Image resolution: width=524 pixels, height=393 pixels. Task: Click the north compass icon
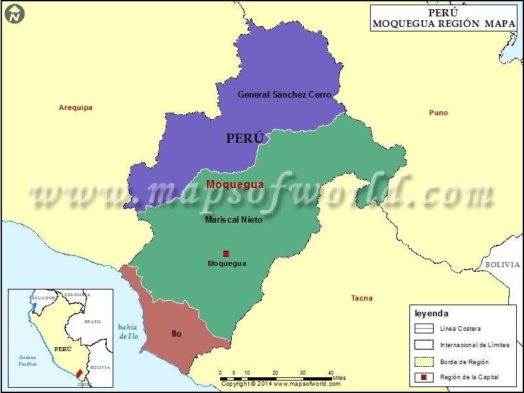(15, 14)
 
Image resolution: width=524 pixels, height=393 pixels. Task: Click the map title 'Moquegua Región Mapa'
(443, 24)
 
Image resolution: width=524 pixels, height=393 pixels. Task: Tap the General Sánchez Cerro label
(284, 94)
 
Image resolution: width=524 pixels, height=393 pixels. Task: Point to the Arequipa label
(75, 107)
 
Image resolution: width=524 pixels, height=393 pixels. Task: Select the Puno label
(438, 113)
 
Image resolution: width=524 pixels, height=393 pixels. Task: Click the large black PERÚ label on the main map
(244, 138)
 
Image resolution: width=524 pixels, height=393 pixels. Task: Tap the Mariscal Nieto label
(233, 219)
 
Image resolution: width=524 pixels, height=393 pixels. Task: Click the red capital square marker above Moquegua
(227, 253)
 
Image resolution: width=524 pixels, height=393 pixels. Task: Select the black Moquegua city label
(227, 263)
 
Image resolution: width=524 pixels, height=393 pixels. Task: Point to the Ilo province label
(176, 333)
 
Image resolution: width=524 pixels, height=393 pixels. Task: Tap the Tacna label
(362, 298)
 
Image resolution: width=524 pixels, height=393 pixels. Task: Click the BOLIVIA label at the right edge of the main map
(502, 265)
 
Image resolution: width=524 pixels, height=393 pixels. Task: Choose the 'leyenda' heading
(432, 314)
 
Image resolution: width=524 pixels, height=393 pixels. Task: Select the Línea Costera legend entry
(460, 328)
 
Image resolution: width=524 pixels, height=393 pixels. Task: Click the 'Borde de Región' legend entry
(464, 361)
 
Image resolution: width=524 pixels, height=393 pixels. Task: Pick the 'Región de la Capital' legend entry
(469, 377)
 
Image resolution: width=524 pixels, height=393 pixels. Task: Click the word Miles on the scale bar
(339, 378)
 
